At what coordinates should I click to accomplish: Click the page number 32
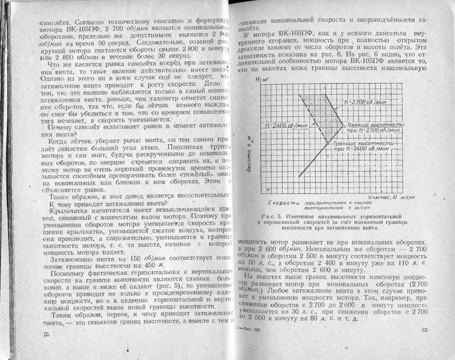pos(45,335)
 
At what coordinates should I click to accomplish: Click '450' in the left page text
pos(147,265)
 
